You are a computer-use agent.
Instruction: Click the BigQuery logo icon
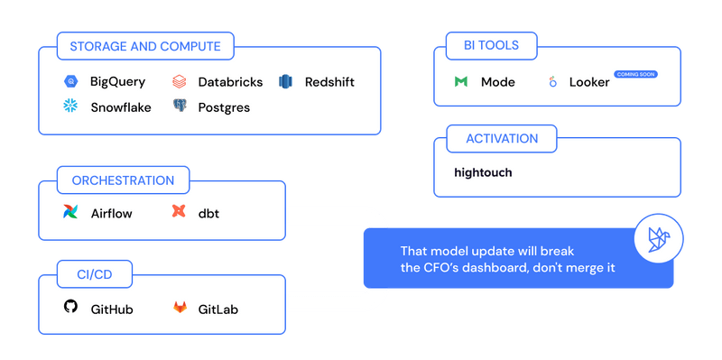pyautogui.click(x=69, y=82)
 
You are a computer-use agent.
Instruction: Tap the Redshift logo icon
pyautogui.click(x=286, y=82)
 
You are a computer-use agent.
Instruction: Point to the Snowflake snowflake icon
pyautogui.click(x=69, y=107)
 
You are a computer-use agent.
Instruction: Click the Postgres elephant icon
pyautogui.click(x=179, y=107)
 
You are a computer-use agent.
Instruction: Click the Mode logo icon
pyautogui.click(x=460, y=82)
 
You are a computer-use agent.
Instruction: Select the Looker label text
pyautogui.click(x=589, y=82)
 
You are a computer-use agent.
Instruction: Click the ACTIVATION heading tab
pyautogui.click(x=502, y=139)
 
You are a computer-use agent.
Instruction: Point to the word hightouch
pyautogui.click(x=483, y=171)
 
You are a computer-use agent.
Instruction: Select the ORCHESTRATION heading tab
pyautogui.click(x=122, y=180)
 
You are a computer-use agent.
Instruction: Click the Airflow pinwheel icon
pyautogui.click(x=70, y=213)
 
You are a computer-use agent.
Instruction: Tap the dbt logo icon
pyautogui.click(x=179, y=213)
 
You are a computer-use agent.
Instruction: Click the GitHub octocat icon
pyautogui.click(x=70, y=308)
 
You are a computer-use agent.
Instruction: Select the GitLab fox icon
pyautogui.click(x=179, y=309)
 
